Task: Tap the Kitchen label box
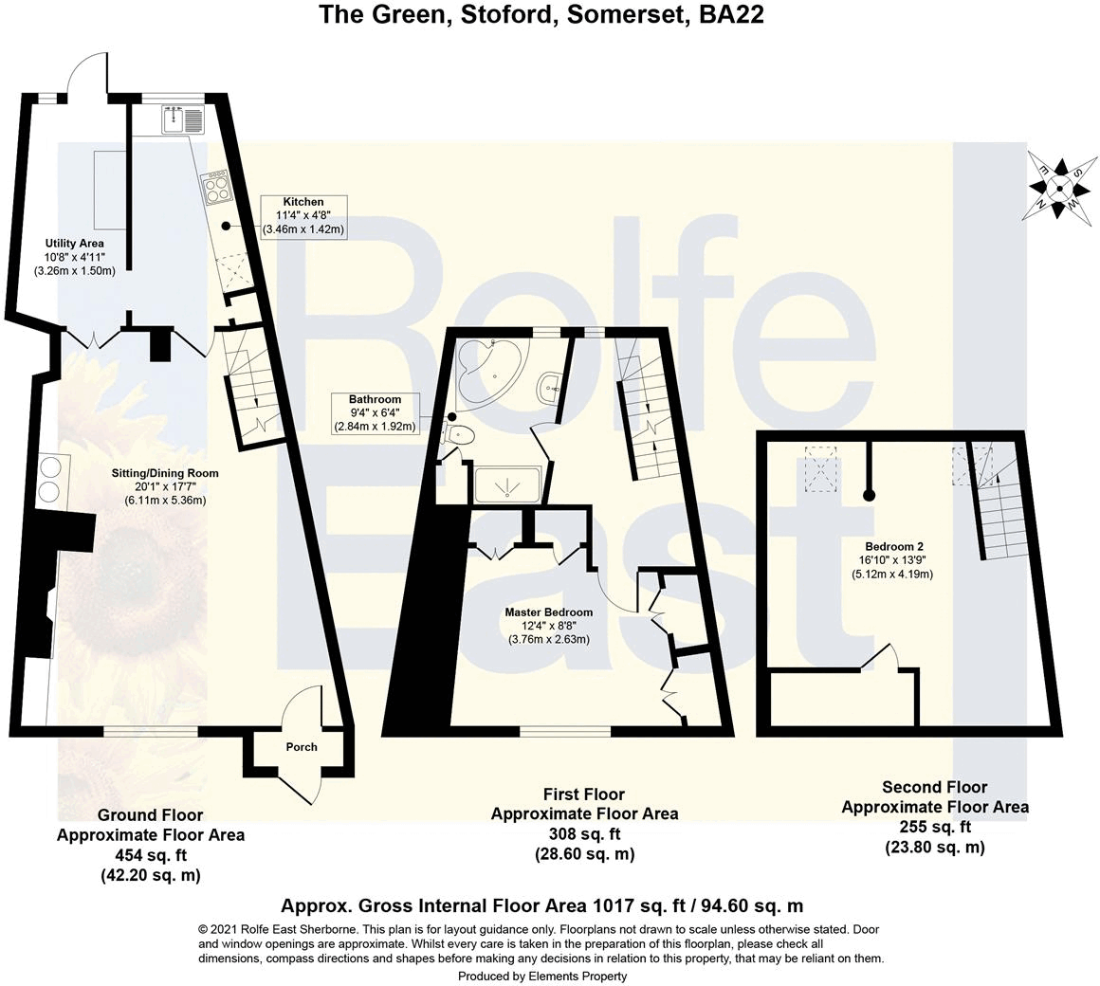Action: [303, 216]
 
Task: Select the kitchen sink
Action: [183, 120]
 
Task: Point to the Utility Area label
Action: [74, 257]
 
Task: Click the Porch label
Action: [302, 747]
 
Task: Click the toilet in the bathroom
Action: [459, 435]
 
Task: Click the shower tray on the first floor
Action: [509, 485]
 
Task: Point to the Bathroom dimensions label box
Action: [375, 413]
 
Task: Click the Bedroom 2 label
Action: [893, 560]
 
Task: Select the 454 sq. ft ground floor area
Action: [150, 856]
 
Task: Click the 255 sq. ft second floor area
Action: [935, 828]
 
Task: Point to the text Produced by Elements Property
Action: [542, 976]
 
